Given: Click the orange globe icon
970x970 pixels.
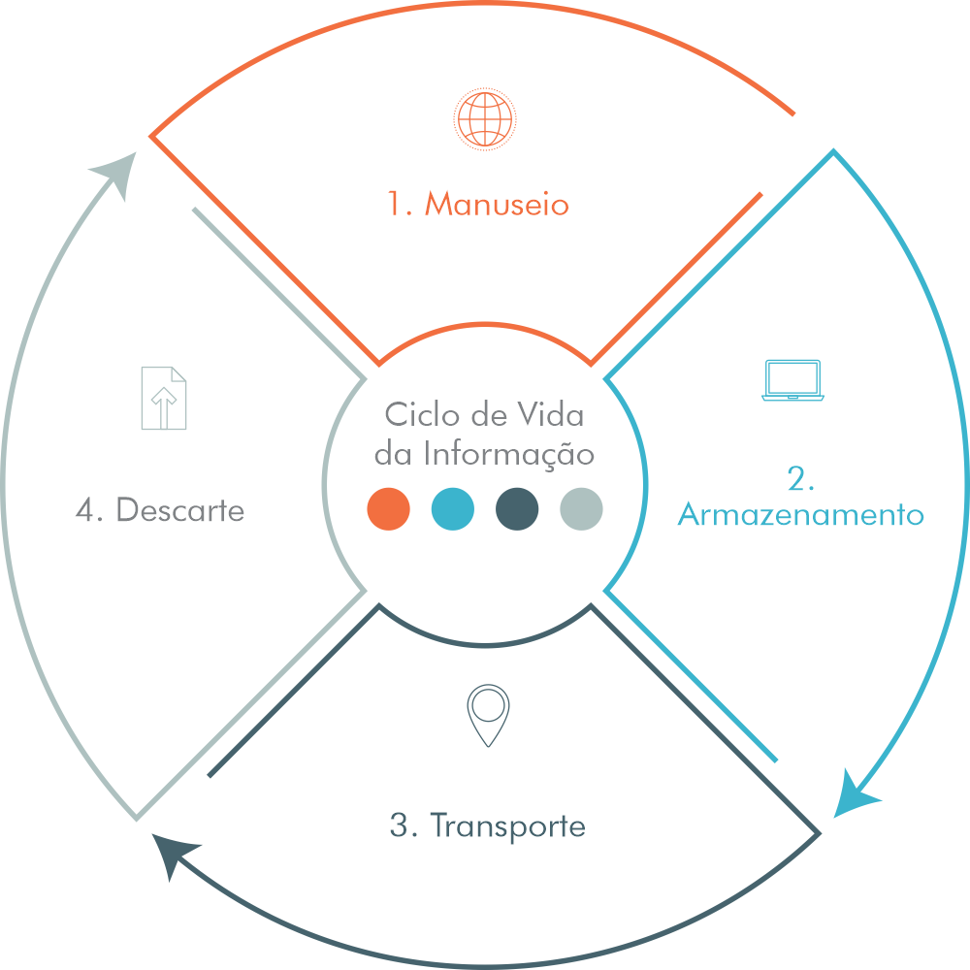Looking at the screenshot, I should [482, 118].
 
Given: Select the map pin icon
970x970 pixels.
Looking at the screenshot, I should [487, 716].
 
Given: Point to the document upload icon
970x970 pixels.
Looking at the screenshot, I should [163, 397].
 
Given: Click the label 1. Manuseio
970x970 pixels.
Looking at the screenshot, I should [477, 205].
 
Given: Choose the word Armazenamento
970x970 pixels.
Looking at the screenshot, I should [800, 514].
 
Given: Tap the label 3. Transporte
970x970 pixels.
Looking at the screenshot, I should [487, 826].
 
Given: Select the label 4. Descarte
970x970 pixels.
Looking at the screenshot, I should [160, 510].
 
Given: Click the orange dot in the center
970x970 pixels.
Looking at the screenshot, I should [389, 509].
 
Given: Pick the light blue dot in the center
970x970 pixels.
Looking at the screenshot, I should [453, 509].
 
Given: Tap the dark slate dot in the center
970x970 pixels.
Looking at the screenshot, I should [517, 509].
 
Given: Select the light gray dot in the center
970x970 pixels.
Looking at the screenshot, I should [581, 509].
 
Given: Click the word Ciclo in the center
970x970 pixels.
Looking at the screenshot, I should [419, 415].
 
